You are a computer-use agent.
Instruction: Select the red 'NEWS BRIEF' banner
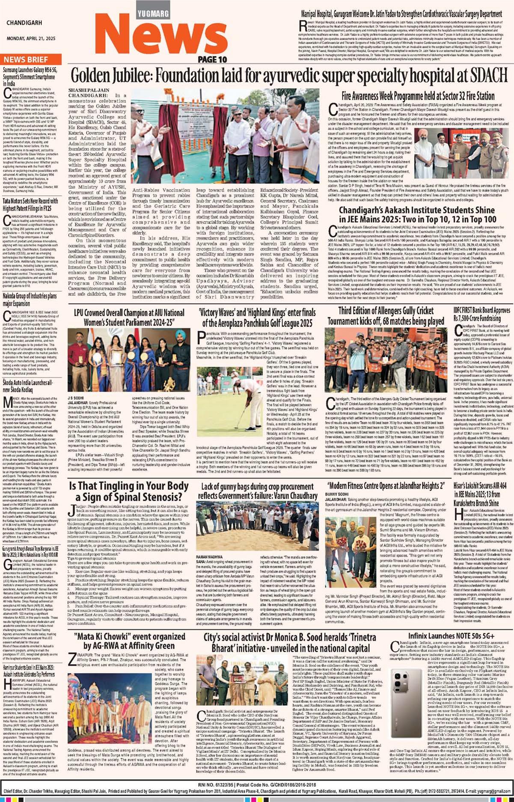tap(26, 59)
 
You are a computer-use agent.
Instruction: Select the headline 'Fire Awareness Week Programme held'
tap(418, 96)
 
